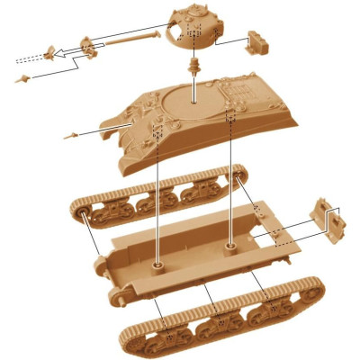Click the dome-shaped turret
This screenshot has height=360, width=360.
(x=191, y=27)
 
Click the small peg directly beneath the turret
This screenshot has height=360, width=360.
(x=193, y=67)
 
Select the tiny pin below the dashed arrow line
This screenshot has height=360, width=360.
(x=22, y=80)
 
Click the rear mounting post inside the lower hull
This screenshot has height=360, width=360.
(x=232, y=243)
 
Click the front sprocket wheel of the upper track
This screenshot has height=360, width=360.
(x=83, y=215)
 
